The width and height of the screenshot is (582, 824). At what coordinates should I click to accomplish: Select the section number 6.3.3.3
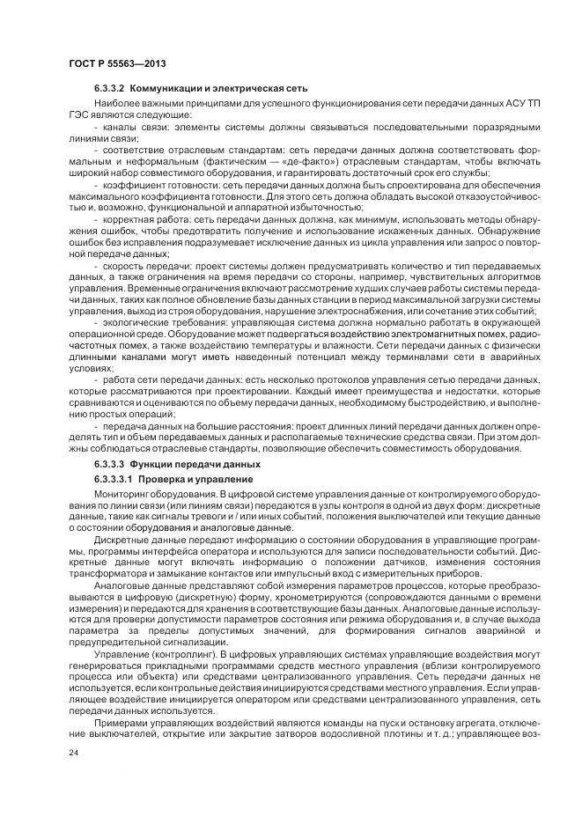click(x=109, y=464)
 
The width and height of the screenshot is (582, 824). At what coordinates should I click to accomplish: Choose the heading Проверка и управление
click(x=196, y=478)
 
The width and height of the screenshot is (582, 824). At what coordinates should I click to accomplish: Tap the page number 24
click(x=73, y=754)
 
